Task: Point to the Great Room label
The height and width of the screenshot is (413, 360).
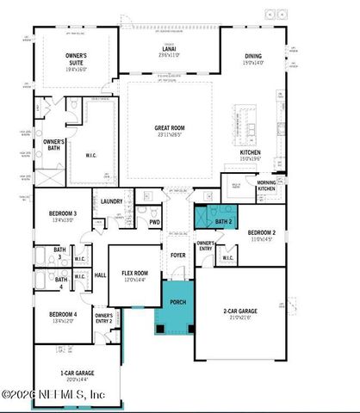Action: [169, 129]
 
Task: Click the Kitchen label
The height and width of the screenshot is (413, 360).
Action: [251, 154]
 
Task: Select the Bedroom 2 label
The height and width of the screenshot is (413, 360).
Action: [262, 235]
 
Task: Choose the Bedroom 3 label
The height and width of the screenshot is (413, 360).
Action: [63, 216]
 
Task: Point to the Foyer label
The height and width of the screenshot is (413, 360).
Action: [177, 255]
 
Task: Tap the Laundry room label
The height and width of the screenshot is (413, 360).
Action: [112, 202]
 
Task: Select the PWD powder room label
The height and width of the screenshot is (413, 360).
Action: [154, 222]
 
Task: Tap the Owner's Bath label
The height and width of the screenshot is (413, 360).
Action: [54, 145]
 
